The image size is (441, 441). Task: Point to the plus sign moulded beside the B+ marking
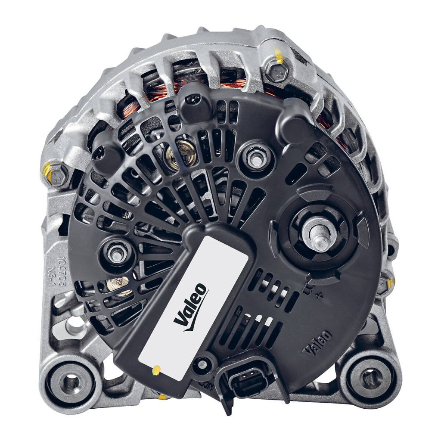319,296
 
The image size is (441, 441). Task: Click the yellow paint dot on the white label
157,369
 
